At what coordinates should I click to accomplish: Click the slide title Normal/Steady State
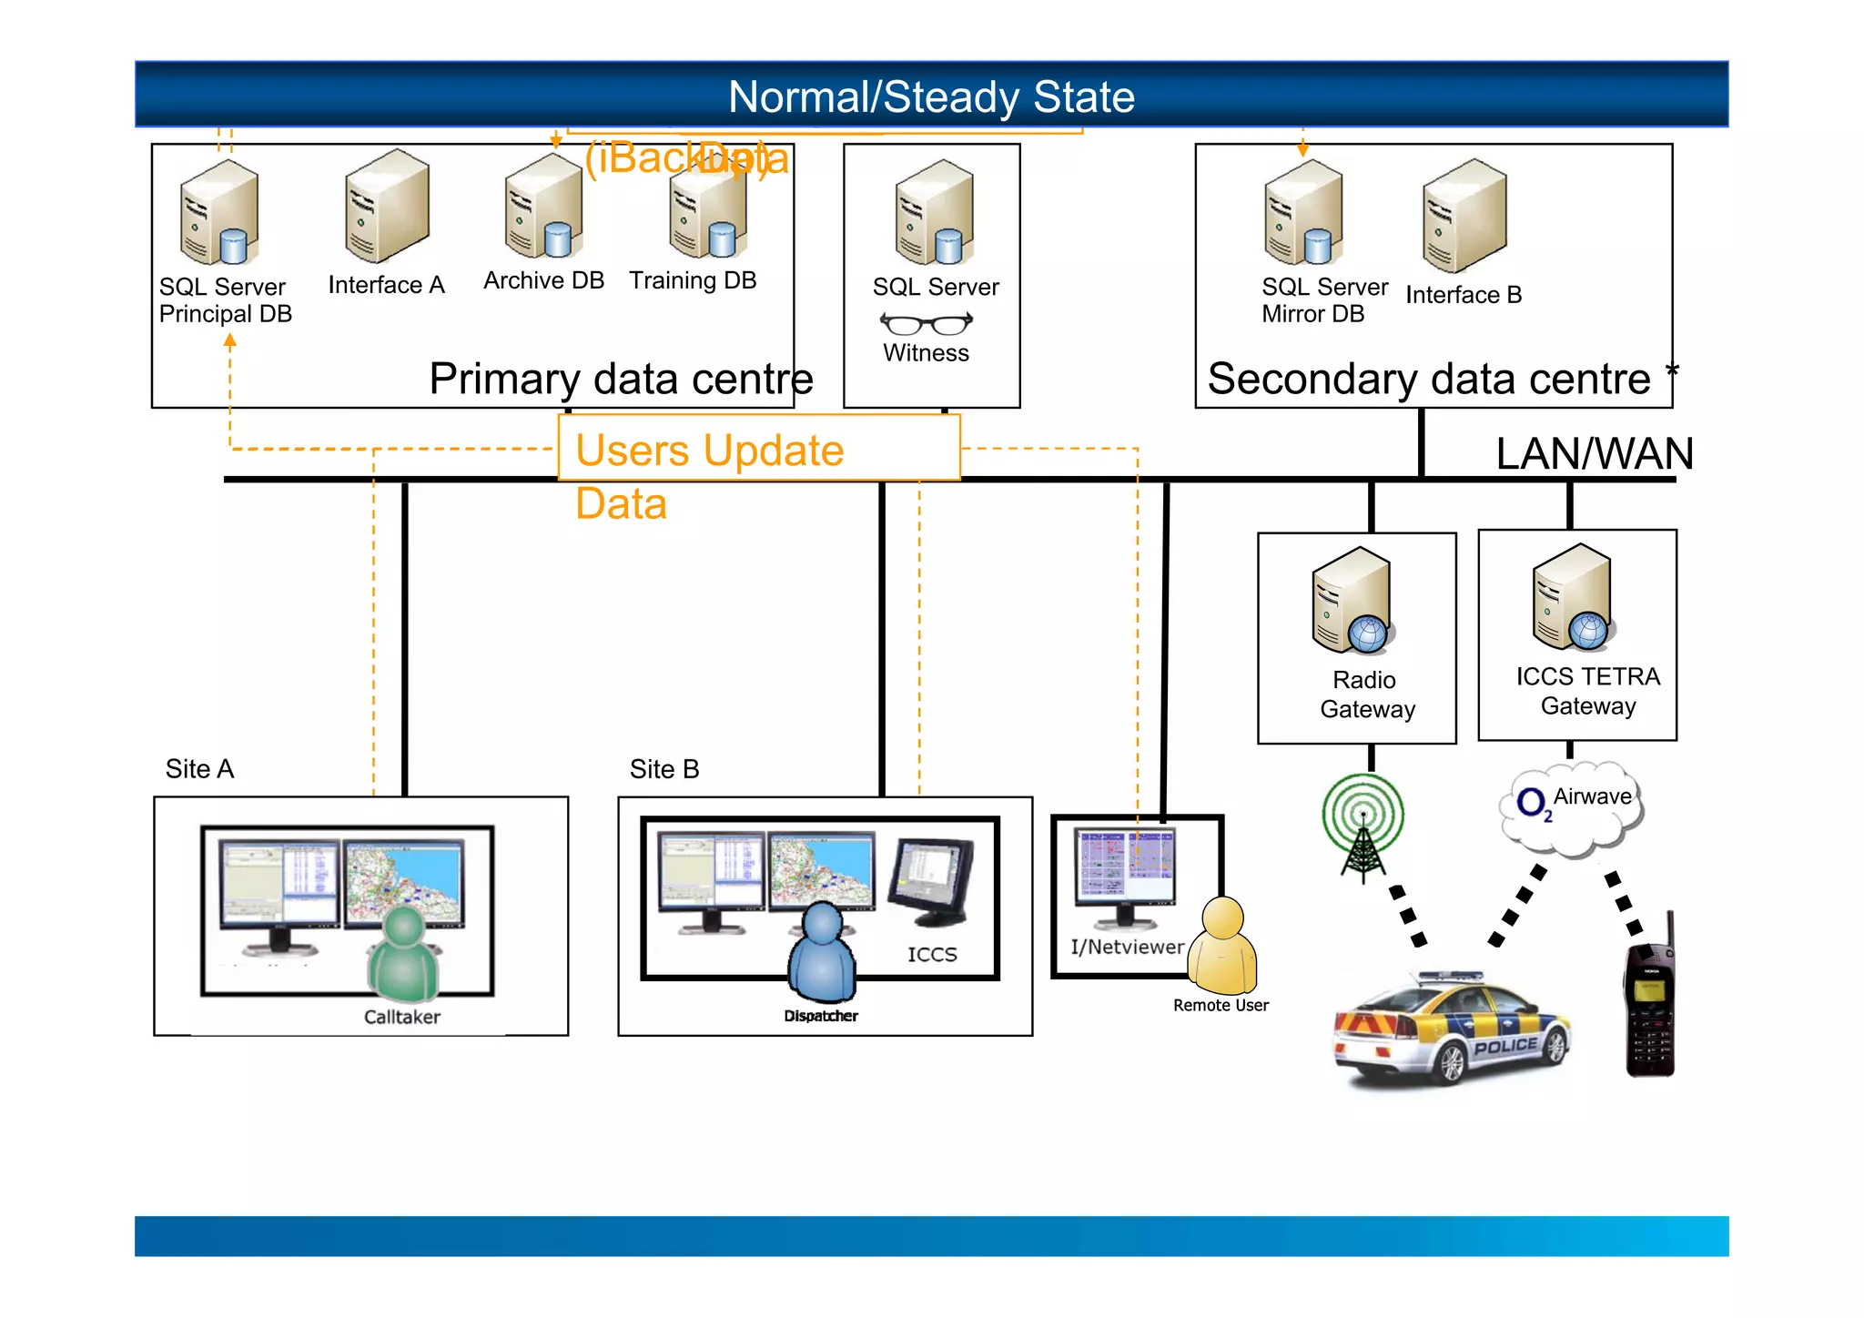[931, 96]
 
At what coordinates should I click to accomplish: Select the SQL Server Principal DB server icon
[219, 213]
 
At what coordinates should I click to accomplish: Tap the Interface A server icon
[387, 207]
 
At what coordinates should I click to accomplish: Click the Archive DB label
[543, 280]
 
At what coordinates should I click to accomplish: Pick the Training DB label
[693, 280]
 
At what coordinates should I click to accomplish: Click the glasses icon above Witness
[926, 323]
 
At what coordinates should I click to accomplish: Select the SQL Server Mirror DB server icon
[1302, 213]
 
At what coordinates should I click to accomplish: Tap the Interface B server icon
[1464, 216]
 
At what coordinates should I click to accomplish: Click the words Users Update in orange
[709, 451]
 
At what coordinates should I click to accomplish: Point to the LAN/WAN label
[1594, 453]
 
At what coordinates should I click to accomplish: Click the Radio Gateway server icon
[1352, 601]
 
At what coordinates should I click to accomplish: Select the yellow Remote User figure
[1223, 947]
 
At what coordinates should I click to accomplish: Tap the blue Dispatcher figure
[822, 952]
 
